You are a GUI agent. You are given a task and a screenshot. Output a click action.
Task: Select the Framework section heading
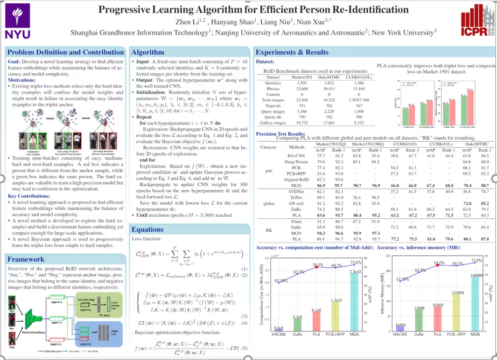(x=26, y=259)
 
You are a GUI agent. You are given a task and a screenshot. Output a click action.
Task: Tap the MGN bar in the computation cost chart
(x=354, y=300)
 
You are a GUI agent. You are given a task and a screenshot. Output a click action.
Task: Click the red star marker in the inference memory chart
(x=437, y=265)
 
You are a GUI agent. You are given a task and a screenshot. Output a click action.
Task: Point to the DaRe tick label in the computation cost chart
(x=298, y=335)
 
